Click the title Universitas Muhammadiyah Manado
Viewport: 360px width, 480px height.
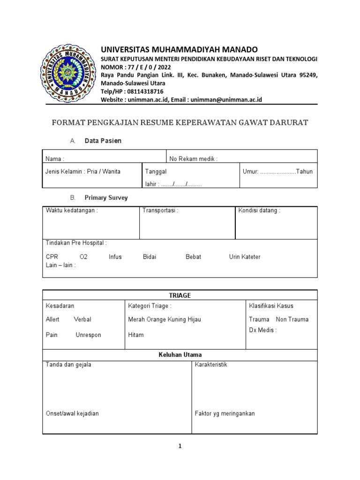pos(180,50)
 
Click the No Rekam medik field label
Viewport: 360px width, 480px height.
pos(194,159)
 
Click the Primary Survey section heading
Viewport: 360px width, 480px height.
pos(106,198)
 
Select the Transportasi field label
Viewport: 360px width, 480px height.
pos(160,210)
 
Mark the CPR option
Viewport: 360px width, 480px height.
pos(52,257)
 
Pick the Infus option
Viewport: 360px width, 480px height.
pos(115,257)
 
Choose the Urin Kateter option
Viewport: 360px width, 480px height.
pos(244,257)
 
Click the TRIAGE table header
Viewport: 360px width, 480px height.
pos(180,295)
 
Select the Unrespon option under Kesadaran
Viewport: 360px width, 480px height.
pos(88,335)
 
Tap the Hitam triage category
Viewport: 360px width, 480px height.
pos(136,335)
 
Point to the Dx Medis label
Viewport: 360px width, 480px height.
pos(262,330)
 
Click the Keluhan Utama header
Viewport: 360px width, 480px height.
pos(180,355)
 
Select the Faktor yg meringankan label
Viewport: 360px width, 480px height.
pos(225,413)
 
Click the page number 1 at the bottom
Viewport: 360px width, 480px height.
pos(180,446)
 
